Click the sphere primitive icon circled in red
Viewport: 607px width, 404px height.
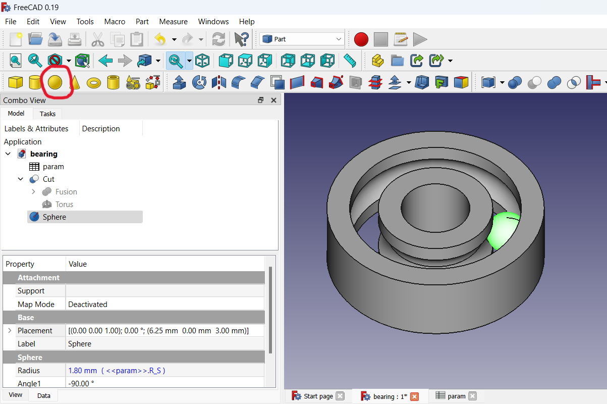pyautogui.click(x=54, y=82)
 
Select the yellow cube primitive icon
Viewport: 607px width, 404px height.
pyautogui.click(x=16, y=82)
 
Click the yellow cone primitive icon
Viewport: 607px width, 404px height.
pyautogui.click(x=74, y=82)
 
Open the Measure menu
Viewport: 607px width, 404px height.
pyautogui.click(x=173, y=22)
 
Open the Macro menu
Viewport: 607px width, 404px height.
pyautogui.click(x=115, y=22)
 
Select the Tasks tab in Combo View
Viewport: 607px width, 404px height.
pyautogui.click(x=47, y=114)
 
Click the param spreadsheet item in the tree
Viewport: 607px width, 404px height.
pyautogui.click(x=53, y=167)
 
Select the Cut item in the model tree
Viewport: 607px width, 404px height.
pyautogui.click(x=48, y=179)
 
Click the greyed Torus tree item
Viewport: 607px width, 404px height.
pyautogui.click(x=64, y=205)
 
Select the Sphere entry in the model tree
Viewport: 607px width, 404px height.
pyautogui.click(x=54, y=217)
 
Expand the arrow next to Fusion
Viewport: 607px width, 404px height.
pyautogui.click(x=33, y=192)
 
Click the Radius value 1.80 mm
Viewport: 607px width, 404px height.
pyautogui.click(x=82, y=371)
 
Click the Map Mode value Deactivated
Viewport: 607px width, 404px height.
pyautogui.click(x=88, y=305)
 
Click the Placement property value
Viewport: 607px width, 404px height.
pyautogui.click(x=158, y=331)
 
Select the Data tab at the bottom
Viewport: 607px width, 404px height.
pyautogui.click(x=43, y=395)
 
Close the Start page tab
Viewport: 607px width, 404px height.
pyautogui.click(x=340, y=396)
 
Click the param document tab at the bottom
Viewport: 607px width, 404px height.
pyautogui.click(x=456, y=396)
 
